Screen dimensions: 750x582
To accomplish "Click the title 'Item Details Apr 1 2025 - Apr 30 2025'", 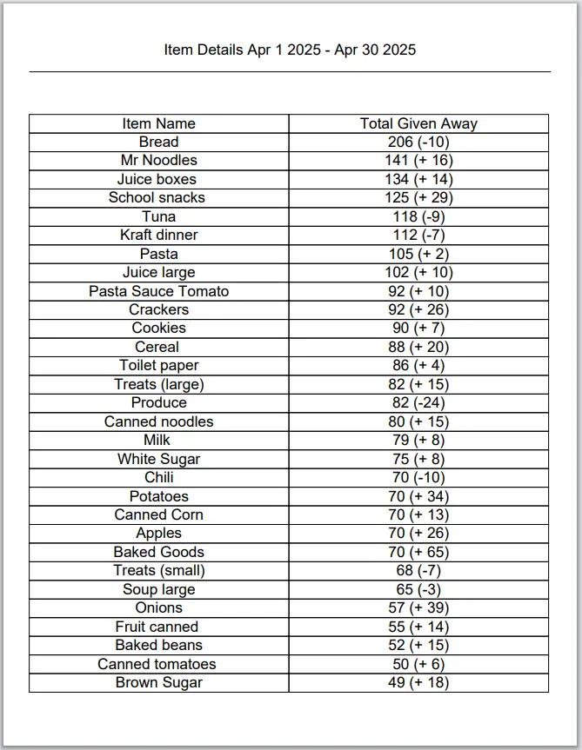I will (290, 50).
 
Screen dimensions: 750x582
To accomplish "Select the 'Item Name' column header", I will (158, 123).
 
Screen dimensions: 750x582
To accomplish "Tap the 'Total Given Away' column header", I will (418, 123).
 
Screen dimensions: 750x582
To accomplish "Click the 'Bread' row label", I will (158, 142).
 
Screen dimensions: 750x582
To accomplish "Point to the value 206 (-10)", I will (418, 142).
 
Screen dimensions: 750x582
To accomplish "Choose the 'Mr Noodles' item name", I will (158, 160).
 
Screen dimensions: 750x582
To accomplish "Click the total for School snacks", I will (418, 197).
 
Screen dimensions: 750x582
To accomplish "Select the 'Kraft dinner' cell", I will (158, 235).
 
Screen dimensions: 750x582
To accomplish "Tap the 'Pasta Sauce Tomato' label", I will (158, 291).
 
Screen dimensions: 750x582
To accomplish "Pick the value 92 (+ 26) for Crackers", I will (418, 309).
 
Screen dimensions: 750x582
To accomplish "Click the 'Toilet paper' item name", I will (158, 365).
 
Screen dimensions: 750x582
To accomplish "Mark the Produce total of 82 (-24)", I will (418, 402).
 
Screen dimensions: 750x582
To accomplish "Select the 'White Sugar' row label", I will (158, 459).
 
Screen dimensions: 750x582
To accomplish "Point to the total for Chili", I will (418, 477).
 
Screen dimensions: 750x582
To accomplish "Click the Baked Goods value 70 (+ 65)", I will (418, 552).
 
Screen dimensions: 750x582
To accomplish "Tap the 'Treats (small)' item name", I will (158, 570).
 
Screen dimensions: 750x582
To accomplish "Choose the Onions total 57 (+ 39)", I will (418, 607).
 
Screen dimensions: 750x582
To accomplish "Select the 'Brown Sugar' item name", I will (158, 682).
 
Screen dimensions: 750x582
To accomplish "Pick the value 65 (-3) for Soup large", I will (418, 589).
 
